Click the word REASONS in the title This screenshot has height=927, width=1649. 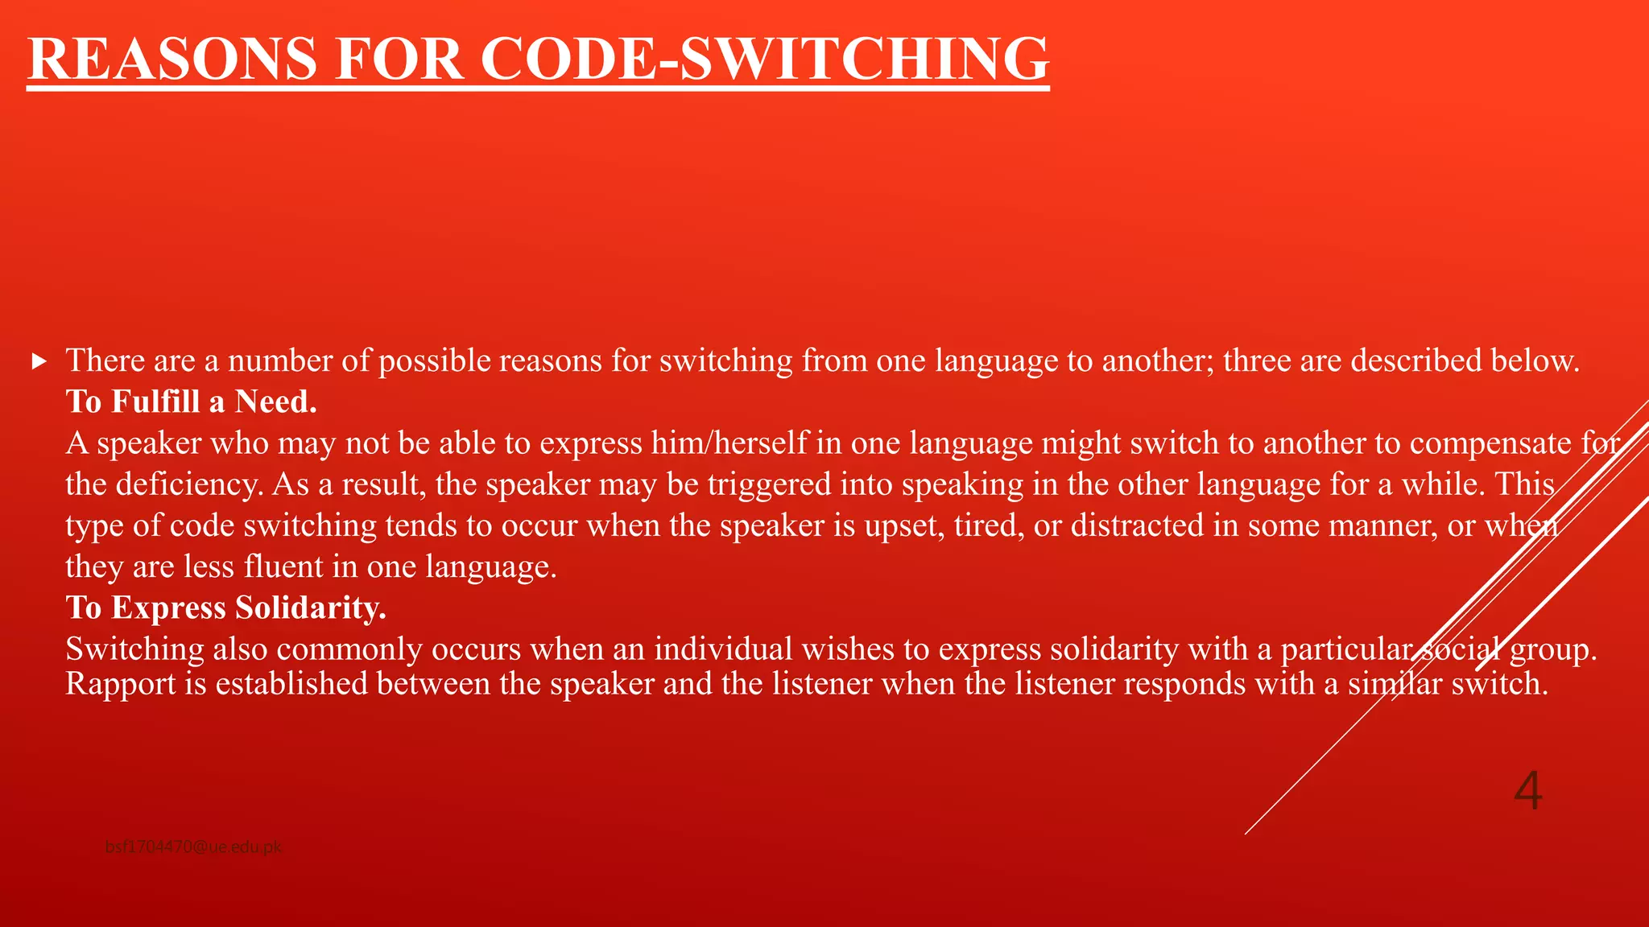pyautogui.click(x=173, y=59)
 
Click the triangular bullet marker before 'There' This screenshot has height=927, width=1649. pyautogui.click(x=39, y=362)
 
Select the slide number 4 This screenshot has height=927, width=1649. pyautogui.click(x=1527, y=790)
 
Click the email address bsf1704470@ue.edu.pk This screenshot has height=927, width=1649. pyautogui.click(x=193, y=847)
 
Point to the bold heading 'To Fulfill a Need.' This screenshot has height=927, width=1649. pyautogui.click(x=192, y=402)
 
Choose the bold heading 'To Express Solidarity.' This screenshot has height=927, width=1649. pyautogui.click(x=226, y=608)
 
